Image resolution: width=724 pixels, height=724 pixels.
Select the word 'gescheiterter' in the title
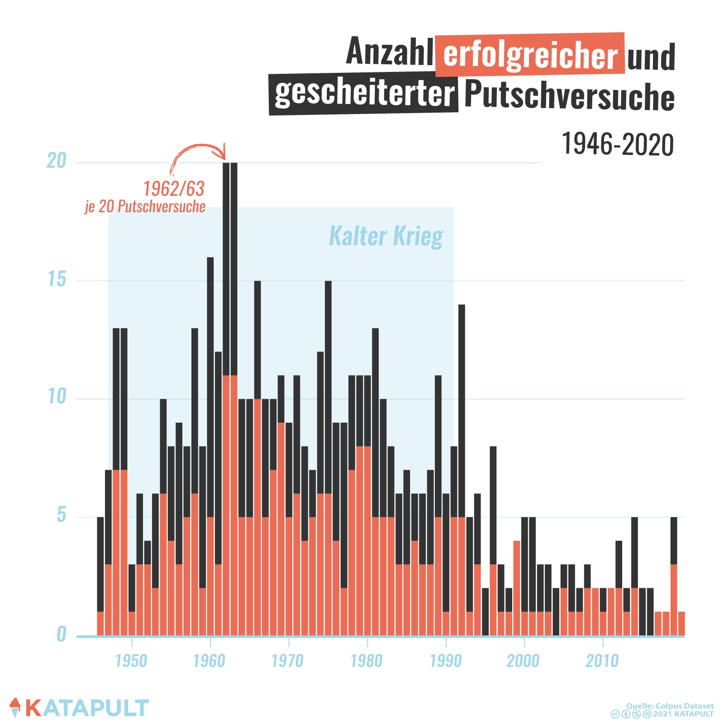click(x=364, y=93)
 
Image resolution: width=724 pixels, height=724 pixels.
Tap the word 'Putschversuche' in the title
click(x=569, y=95)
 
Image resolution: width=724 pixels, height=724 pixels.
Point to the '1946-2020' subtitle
click(x=617, y=145)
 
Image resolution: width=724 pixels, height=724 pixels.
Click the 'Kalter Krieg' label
click(x=386, y=236)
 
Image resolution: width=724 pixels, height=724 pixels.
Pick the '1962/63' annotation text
click(x=174, y=189)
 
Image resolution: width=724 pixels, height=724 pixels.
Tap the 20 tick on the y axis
click(x=57, y=161)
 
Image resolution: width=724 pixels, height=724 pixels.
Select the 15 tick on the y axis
click(x=57, y=279)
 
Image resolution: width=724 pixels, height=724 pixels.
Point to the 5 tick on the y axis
click(x=62, y=515)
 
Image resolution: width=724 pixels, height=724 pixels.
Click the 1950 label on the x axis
click(x=131, y=661)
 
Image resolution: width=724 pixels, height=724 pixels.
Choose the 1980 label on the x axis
click(x=367, y=661)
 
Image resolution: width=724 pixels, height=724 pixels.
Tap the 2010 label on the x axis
click(x=602, y=661)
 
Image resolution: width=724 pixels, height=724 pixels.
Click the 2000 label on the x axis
click(x=523, y=661)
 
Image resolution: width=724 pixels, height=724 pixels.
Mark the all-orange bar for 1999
click(x=517, y=588)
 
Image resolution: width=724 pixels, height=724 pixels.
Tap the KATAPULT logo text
click(x=87, y=708)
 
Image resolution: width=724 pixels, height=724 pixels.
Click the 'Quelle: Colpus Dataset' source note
click(x=670, y=706)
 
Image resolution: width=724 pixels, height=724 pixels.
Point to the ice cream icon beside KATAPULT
click(x=15, y=707)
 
